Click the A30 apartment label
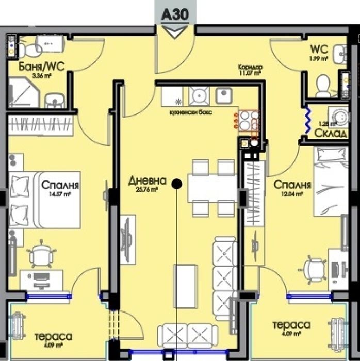pos(176,14)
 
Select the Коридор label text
pos(250,67)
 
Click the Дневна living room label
pos(148,181)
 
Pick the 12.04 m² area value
pos(291,194)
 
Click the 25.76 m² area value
pos(147,189)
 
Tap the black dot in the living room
pos(176,183)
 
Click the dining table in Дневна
pos(212,188)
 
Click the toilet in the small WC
pos(323,86)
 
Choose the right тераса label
pos(291,325)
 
